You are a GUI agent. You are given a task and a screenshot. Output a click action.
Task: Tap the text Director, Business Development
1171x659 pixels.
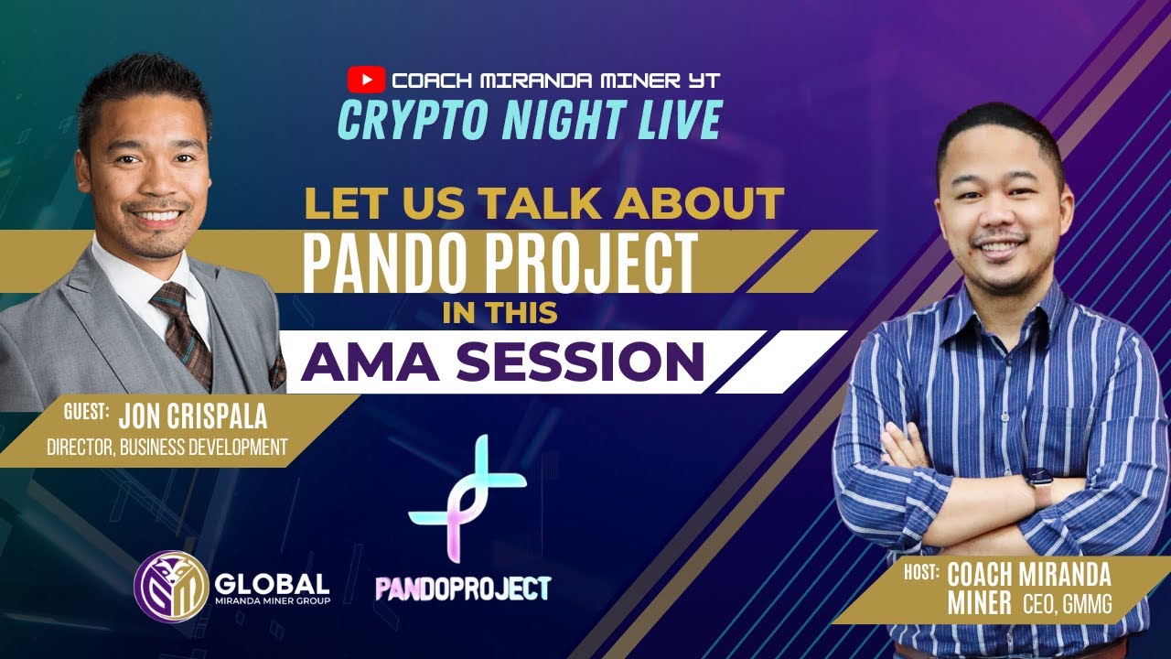pos(167,447)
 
